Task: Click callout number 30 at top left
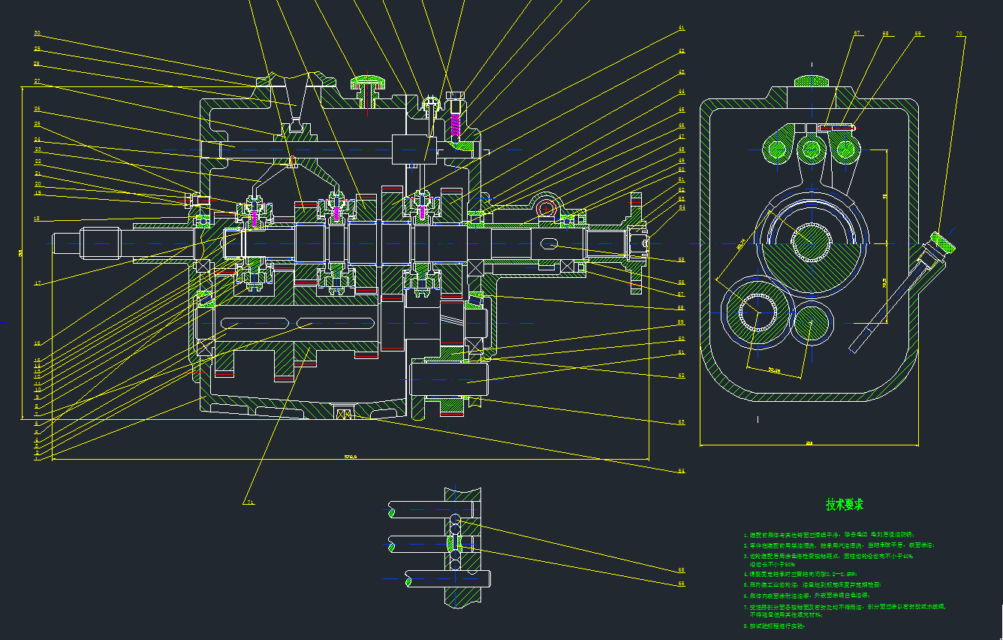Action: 38,33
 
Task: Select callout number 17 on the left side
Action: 37,283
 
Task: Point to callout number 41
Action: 682,29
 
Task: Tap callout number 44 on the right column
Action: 682,92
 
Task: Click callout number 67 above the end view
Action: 857,33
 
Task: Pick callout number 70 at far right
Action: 959,33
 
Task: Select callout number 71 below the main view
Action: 250,502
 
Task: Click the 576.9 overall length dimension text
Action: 350,456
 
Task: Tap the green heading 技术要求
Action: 845,505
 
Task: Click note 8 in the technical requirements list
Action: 773,625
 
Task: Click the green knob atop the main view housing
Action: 368,78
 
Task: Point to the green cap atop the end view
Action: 812,80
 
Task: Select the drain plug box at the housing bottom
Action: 344,413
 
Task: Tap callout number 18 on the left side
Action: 37,219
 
